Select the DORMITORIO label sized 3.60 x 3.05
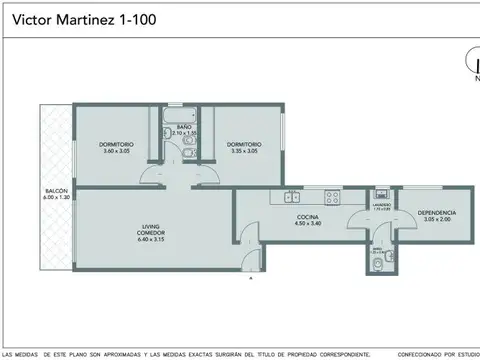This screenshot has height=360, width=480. tap(115, 145)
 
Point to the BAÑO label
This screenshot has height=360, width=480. tap(185, 127)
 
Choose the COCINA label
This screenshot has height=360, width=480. tap(308, 217)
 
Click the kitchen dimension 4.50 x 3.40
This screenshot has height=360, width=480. tap(308, 224)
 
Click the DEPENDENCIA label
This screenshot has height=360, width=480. tap(436, 212)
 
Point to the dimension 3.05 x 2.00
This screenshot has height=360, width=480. tap(436, 219)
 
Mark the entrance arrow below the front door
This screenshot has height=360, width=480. tap(250, 279)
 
